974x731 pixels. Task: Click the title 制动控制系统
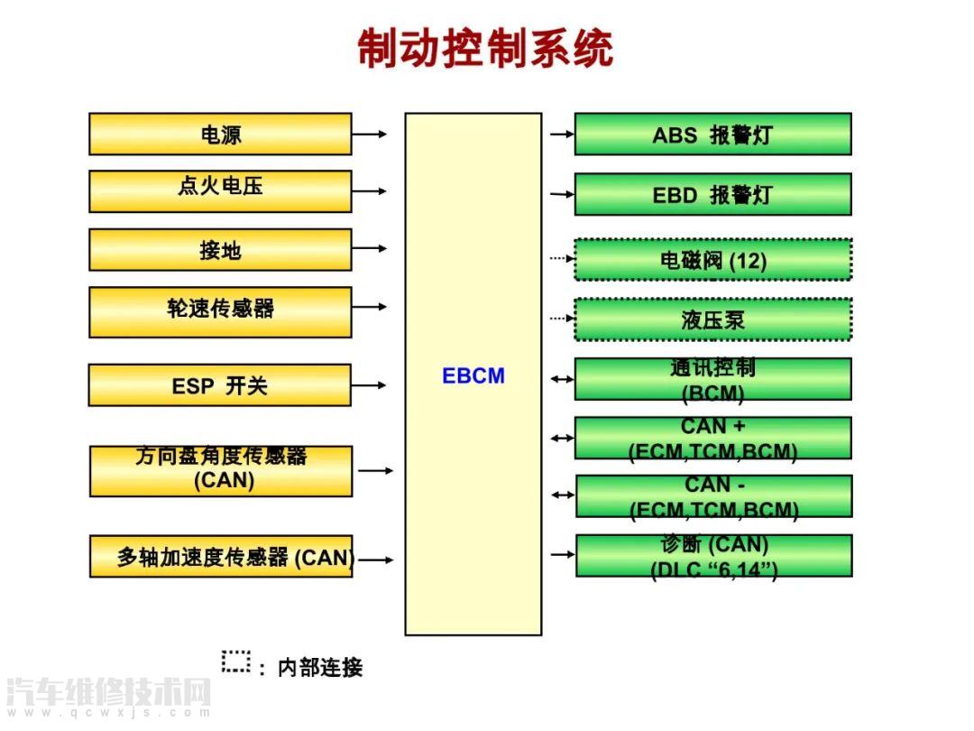point(485,49)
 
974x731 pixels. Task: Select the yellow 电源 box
point(220,134)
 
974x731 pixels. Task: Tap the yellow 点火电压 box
point(220,191)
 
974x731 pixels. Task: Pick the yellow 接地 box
point(220,250)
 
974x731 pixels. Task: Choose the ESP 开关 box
point(220,385)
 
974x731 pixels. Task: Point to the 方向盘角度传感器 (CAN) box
point(221,470)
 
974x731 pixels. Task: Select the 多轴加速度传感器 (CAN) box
point(221,556)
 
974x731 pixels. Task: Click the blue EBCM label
point(473,376)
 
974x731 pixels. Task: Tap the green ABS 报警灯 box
point(712,134)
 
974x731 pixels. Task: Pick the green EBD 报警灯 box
point(712,194)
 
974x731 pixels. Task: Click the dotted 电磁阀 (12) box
point(712,260)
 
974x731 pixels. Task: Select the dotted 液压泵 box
point(712,319)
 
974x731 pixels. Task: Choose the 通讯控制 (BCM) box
point(712,379)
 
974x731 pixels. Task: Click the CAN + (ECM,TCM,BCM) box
point(712,438)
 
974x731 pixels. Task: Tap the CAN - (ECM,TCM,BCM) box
point(713,496)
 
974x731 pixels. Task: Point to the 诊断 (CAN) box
point(713,556)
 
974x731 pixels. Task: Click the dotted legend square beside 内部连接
point(236,661)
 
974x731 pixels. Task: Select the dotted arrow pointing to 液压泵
point(562,318)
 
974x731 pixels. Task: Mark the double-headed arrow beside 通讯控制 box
point(562,380)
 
